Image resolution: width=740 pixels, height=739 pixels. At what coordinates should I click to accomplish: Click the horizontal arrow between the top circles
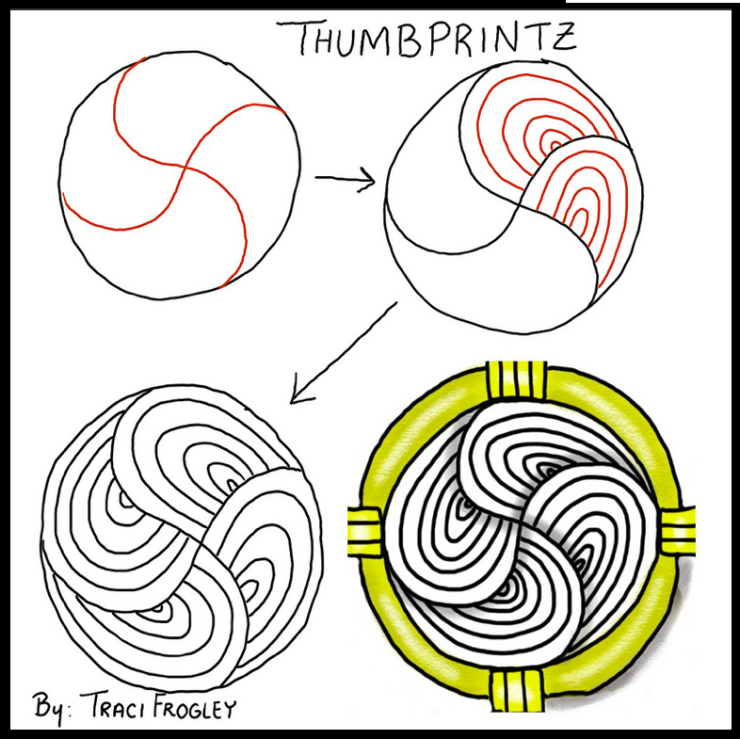pos(345,178)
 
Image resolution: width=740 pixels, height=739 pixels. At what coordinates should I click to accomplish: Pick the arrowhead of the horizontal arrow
pos(368,179)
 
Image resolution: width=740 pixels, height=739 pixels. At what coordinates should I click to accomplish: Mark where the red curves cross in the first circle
pos(185,170)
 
